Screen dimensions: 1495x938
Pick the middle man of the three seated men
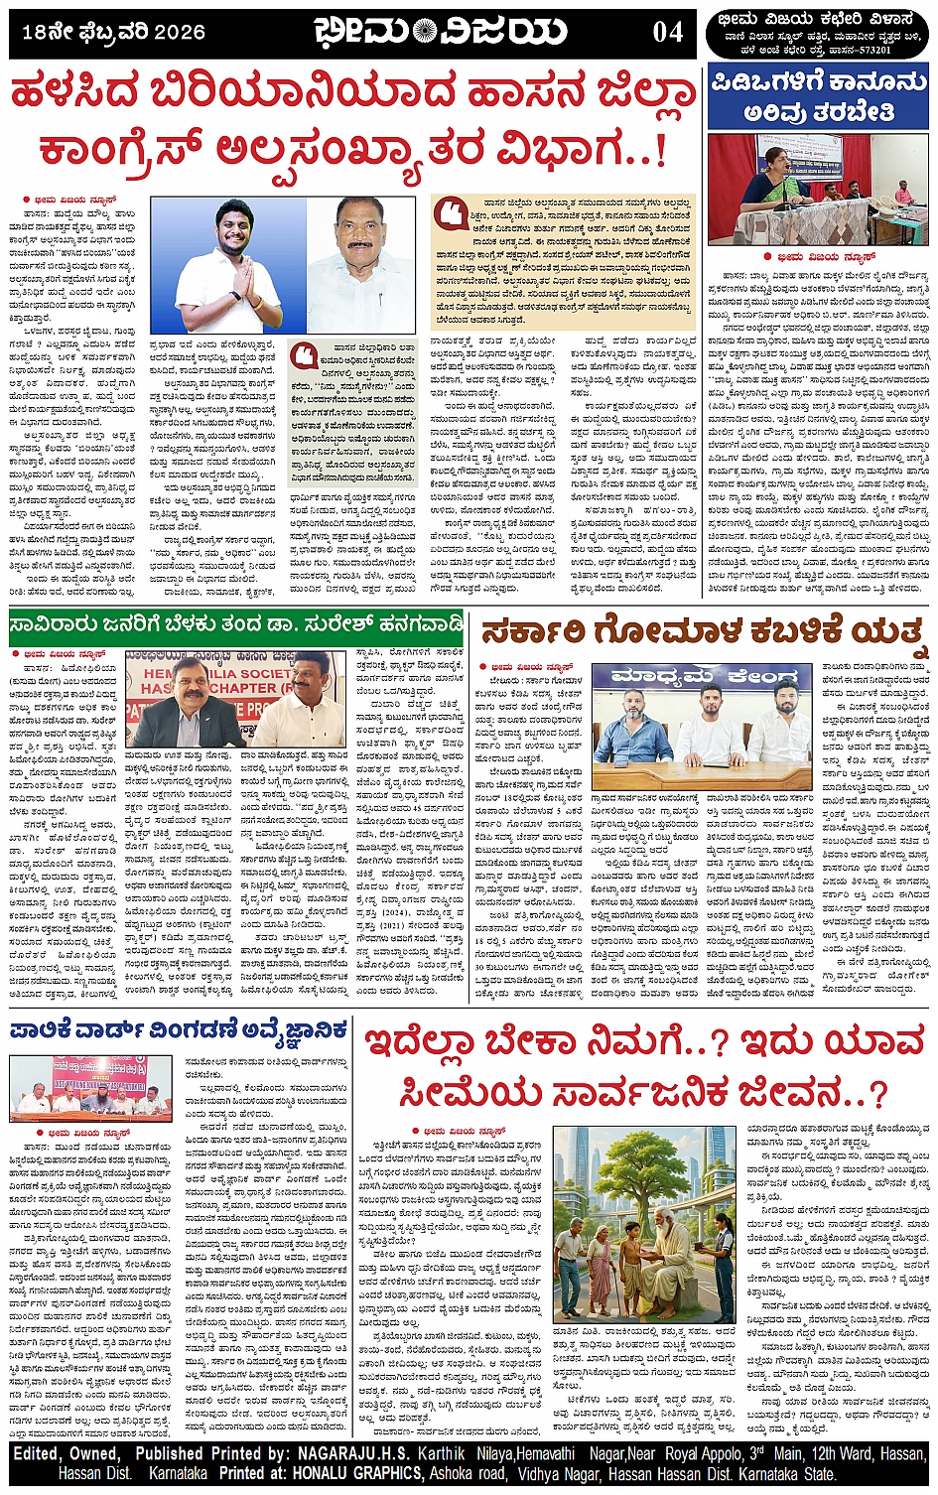click(707, 721)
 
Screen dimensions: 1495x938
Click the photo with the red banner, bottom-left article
click(89, 1084)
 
